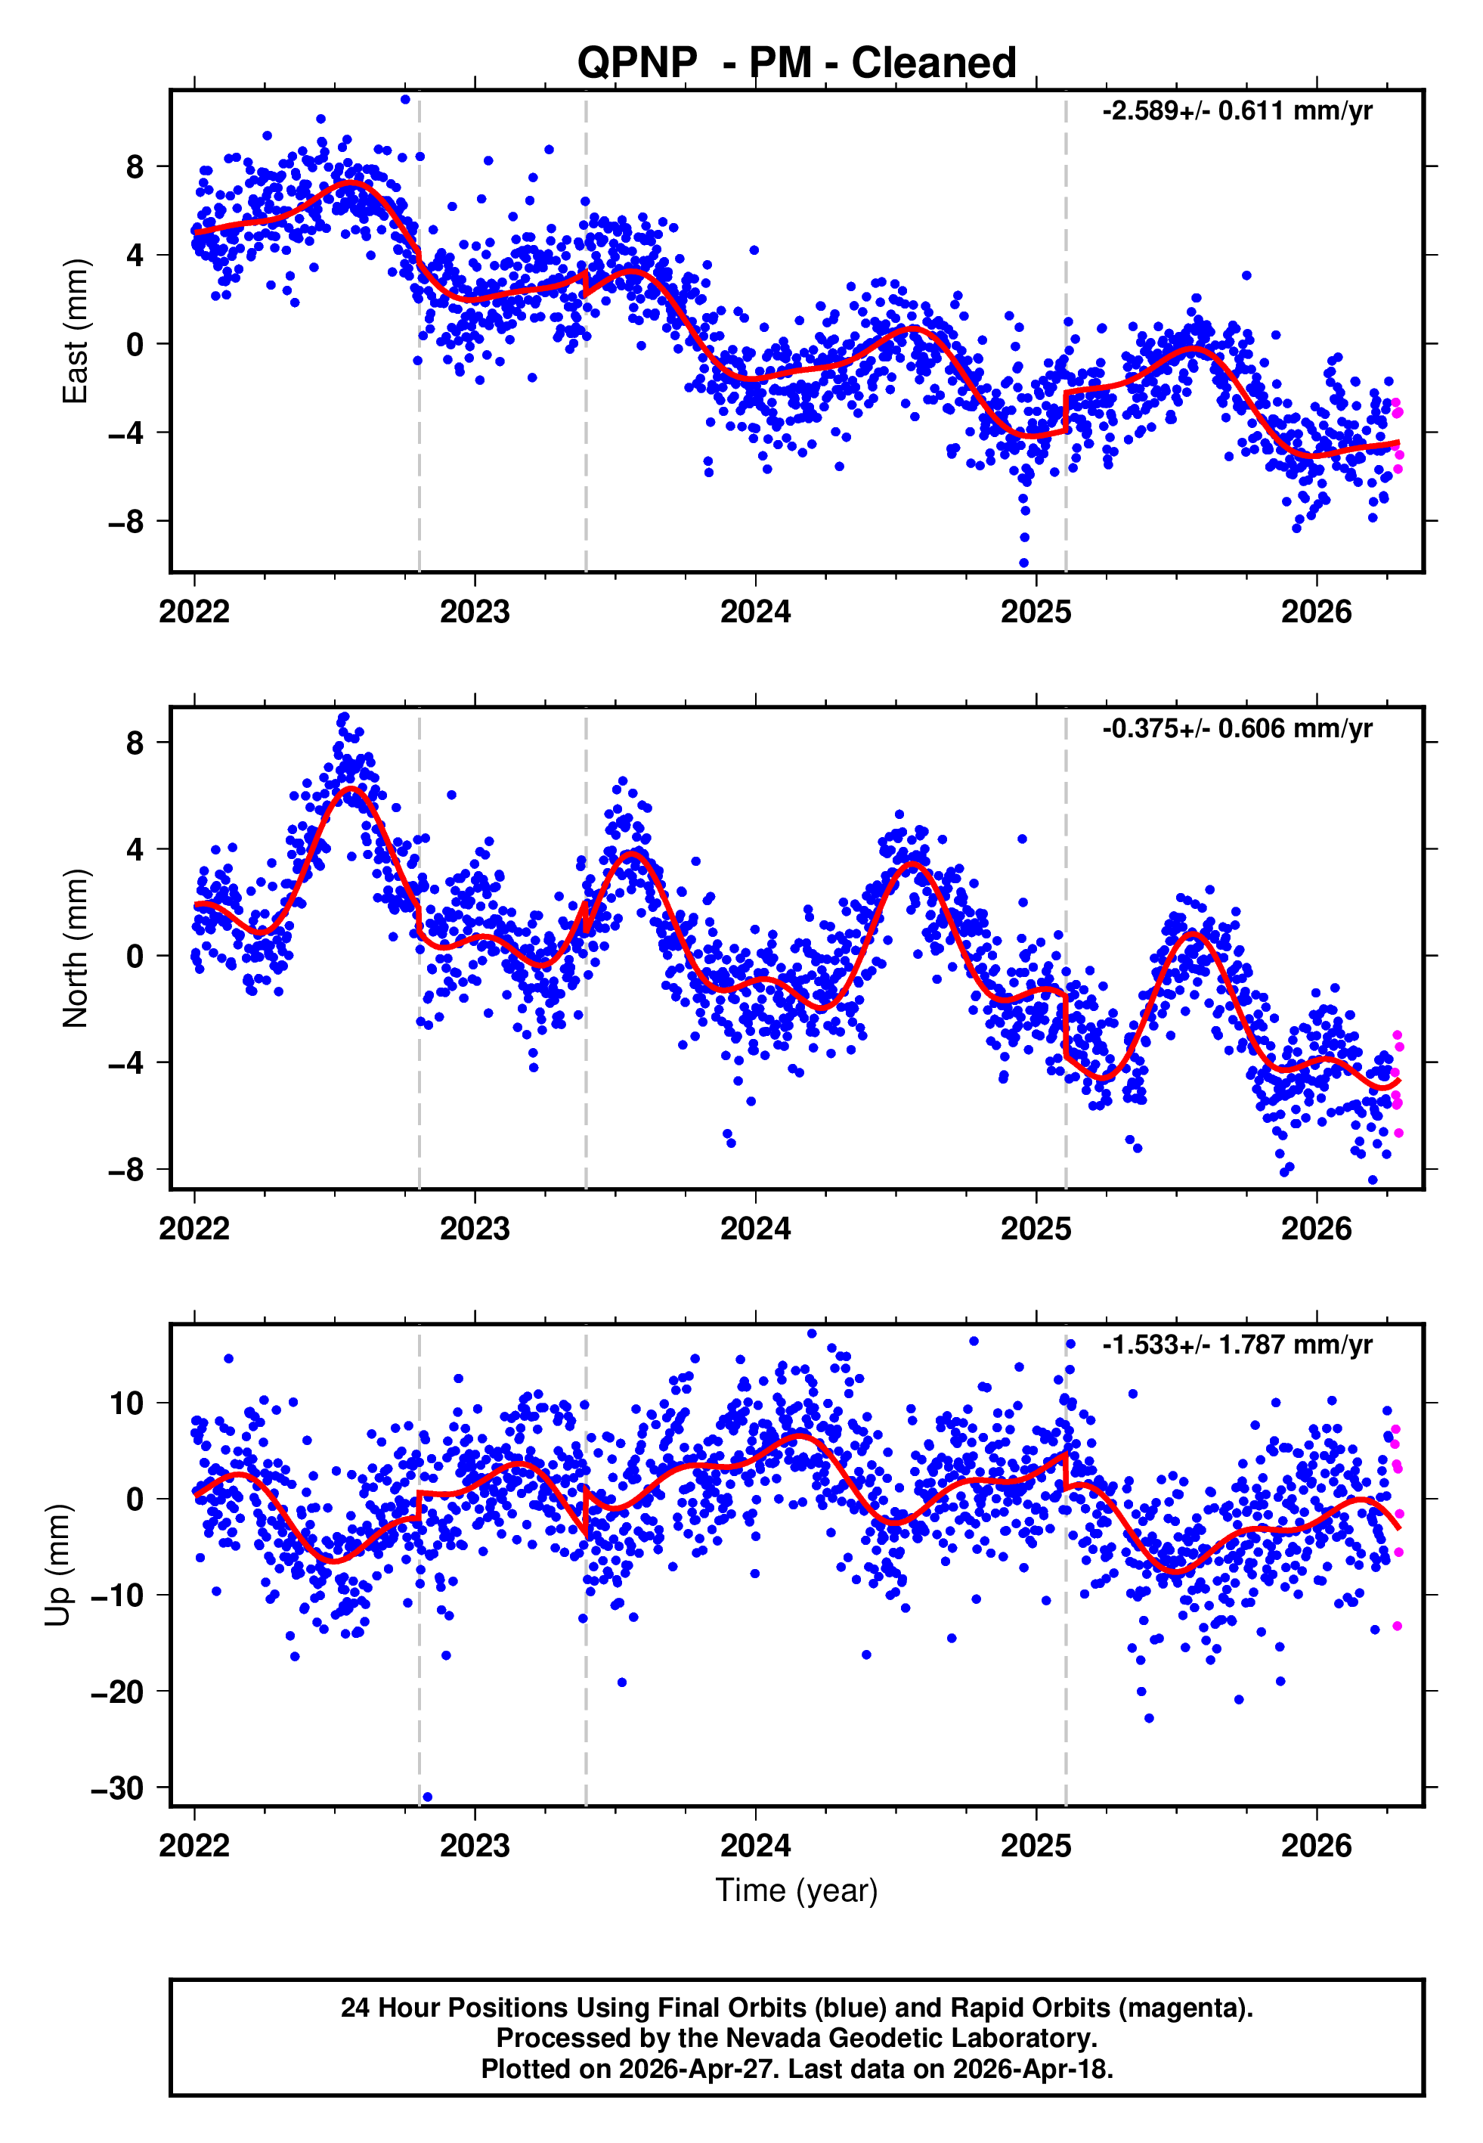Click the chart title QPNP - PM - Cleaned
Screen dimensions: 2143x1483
pos(797,64)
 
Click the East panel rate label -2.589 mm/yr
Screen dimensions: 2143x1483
pos(1237,111)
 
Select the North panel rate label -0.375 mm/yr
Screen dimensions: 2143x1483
pos(1237,729)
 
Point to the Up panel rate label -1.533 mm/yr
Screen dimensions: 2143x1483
pos(1237,1344)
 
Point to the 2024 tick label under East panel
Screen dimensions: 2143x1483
pos(755,612)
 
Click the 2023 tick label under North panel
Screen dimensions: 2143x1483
pos(475,1229)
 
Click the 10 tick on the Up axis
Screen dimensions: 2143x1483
pos(126,1403)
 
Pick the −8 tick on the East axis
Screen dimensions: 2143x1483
pos(126,523)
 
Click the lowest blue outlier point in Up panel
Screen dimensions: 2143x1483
pos(427,1797)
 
